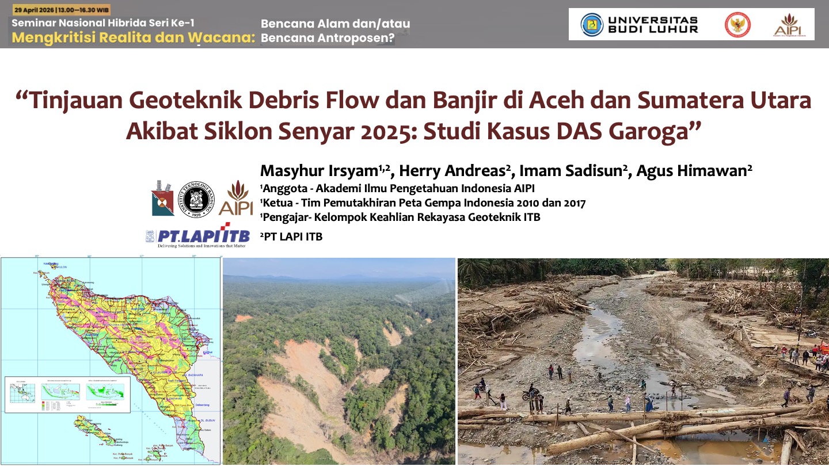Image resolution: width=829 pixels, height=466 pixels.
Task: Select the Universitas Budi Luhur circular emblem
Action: [591, 25]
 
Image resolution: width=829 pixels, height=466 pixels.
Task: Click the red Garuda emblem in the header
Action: [737, 25]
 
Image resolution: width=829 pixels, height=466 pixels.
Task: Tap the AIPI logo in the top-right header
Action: [788, 25]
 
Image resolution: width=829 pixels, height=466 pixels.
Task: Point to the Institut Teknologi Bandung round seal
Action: [196, 199]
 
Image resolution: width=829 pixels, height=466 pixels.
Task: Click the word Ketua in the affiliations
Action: [277, 203]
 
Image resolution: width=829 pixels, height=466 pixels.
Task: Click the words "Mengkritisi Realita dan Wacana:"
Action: [133, 38]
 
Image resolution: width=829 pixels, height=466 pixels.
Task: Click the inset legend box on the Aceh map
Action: [67, 394]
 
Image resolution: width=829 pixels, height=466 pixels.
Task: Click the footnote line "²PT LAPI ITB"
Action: [292, 236]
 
